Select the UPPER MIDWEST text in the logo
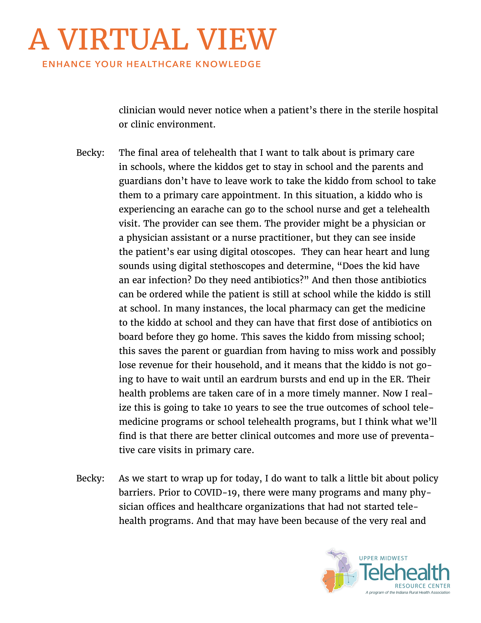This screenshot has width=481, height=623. click(x=383, y=558)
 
